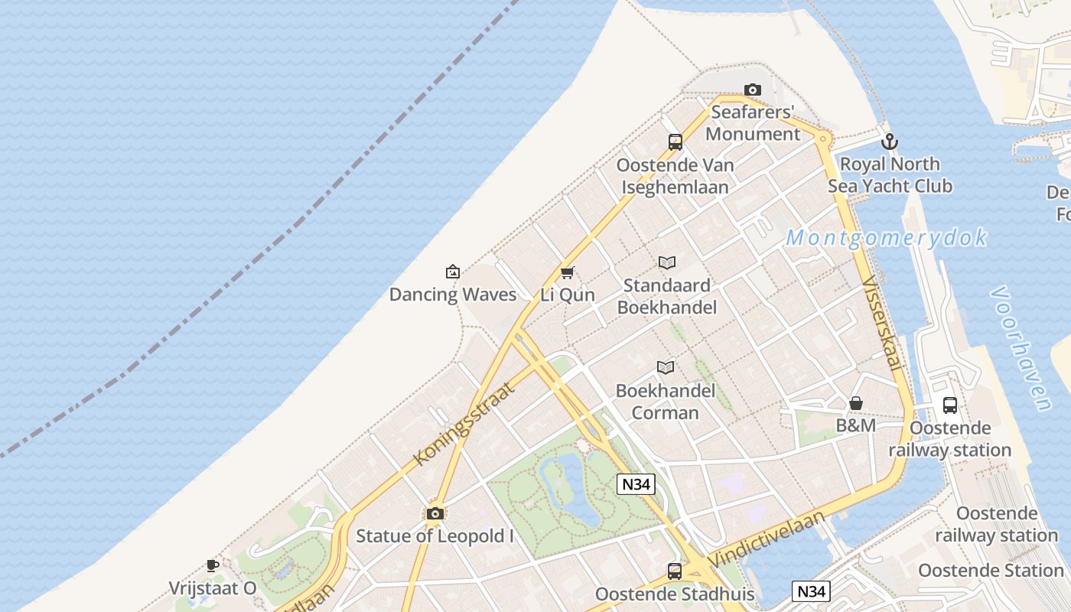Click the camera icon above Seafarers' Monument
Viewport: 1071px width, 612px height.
[753, 90]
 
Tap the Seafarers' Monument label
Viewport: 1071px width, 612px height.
[753, 123]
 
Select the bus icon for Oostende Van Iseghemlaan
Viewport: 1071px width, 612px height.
[675, 142]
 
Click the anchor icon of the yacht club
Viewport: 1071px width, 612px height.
[889, 142]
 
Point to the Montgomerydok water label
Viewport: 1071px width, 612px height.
[887, 238]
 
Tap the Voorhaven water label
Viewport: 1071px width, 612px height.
[1021, 348]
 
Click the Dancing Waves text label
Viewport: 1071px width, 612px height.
[453, 295]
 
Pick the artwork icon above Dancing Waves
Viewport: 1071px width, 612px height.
[453, 272]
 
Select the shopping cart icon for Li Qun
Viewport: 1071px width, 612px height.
[568, 272]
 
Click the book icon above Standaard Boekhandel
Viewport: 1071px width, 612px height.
[667, 263]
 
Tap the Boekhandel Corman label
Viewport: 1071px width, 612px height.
[666, 402]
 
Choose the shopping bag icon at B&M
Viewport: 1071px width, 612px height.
[856, 403]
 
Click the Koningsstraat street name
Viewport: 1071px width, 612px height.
[464, 423]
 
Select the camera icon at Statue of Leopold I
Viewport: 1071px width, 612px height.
[435, 513]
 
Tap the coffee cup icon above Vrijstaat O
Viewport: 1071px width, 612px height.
[213, 566]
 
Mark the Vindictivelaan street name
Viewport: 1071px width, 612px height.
[767, 540]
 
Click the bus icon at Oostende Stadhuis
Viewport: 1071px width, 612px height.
[675, 571]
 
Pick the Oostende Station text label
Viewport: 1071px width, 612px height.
[991, 571]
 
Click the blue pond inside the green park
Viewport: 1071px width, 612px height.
[570, 490]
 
